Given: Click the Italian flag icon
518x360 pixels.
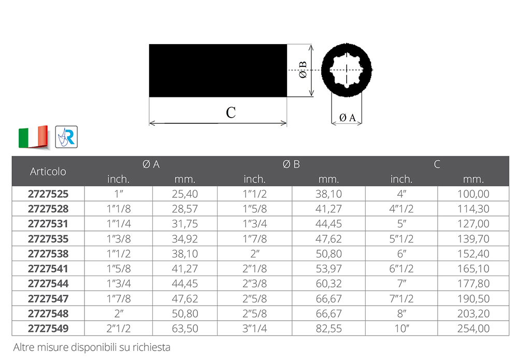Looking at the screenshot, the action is click(34, 137).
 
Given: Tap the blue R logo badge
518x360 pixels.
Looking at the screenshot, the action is click(66, 137).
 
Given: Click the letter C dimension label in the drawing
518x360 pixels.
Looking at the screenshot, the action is click(231, 112).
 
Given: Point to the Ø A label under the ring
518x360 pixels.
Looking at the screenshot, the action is click(347, 118).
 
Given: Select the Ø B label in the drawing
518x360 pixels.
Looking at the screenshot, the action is click(303, 70).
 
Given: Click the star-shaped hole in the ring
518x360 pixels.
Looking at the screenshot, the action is click(347, 70).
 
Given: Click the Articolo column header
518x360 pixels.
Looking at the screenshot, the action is click(48, 171).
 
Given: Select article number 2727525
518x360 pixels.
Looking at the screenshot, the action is click(48, 194).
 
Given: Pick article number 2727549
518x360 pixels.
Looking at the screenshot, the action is click(48, 328).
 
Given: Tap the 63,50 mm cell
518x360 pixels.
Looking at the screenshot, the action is click(185, 328).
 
